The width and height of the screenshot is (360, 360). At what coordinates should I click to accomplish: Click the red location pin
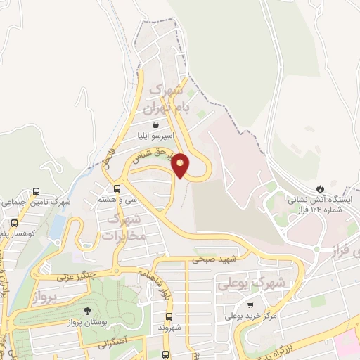coord(181,165)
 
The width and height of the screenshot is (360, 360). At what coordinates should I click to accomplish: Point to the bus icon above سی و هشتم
coord(117,188)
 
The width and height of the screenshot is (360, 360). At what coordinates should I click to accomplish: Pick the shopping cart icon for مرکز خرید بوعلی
coord(251,305)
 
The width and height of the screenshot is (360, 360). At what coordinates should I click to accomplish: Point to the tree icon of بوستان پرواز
coord(87,310)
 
